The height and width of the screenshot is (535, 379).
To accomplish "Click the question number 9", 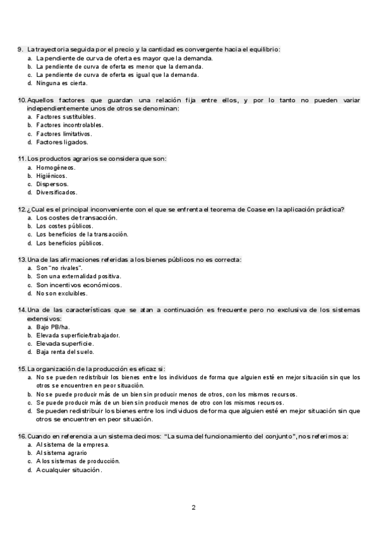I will (20, 49).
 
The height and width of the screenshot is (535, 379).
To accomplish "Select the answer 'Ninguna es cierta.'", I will (62, 83).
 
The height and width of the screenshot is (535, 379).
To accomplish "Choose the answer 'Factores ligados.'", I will (62, 142).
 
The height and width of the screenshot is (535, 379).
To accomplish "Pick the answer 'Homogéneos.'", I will (56, 167).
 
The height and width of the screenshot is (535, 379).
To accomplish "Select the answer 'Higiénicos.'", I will (51, 175).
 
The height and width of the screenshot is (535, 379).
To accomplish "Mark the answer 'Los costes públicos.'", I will (64, 226).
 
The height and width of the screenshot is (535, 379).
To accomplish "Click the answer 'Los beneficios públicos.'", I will (69, 243).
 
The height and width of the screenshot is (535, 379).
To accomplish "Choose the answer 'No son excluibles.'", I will (62, 293).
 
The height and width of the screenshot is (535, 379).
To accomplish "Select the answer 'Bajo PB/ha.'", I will (52, 327).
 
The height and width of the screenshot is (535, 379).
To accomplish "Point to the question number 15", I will (21, 368).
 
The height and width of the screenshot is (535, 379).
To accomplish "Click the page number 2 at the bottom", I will (194, 507).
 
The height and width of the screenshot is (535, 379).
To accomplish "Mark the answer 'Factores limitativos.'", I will (64, 133).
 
